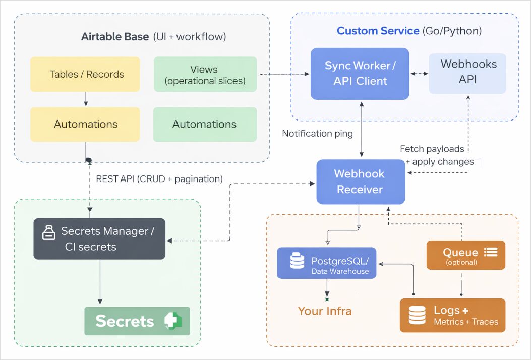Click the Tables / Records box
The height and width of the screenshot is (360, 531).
[x=85, y=74]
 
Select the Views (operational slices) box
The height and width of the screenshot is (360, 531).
[x=204, y=74]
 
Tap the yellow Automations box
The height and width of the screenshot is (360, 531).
[x=85, y=124]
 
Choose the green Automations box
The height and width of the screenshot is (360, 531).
[x=204, y=124]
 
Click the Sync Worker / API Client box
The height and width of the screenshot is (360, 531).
[x=360, y=74]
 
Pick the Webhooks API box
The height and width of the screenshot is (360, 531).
[x=467, y=72]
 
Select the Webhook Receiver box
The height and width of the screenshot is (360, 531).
[x=360, y=182]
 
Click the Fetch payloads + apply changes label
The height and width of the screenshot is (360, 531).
[x=437, y=155]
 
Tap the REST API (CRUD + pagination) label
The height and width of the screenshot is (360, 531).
[x=159, y=179]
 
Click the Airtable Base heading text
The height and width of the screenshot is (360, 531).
[x=115, y=37]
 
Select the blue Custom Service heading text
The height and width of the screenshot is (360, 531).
[x=378, y=31]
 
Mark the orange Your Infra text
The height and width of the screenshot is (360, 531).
[x=324, y=311]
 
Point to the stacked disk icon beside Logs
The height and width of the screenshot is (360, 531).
[x=417, y=316]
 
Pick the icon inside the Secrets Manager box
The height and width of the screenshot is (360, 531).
[x=49, y=232]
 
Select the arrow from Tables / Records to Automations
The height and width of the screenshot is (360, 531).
[x=86, y=99]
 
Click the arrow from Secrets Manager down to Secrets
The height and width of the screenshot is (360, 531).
[x=99, y=282]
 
